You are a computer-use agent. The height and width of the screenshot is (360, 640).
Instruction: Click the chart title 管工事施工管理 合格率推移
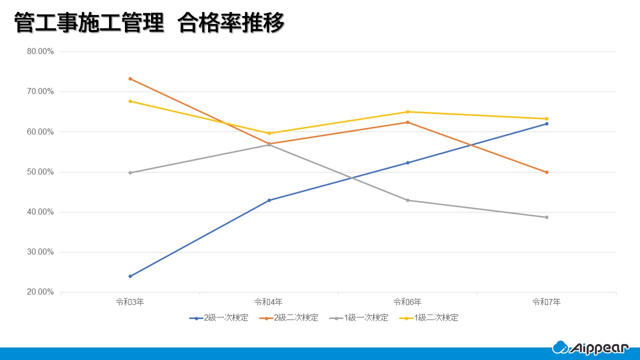(149, 23)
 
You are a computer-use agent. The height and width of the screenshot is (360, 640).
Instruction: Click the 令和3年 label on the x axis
(130, 302)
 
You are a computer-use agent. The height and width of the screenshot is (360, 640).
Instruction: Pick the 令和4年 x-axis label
(268, 302)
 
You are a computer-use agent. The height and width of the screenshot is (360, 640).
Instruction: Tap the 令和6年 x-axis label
(407, 302)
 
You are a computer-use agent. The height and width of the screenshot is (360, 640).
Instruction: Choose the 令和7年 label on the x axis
(546, 302)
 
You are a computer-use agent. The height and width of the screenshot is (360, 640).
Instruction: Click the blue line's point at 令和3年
(130, 276)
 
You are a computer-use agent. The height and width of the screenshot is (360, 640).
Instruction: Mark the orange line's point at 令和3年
(130, 78)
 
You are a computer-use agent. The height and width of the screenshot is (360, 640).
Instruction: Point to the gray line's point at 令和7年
(546, 217)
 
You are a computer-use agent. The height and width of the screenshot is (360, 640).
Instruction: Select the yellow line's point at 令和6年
(408, 111)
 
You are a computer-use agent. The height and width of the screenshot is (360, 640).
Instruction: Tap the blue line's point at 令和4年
(269, 200)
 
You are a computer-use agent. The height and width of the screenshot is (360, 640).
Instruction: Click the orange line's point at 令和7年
(546, 172)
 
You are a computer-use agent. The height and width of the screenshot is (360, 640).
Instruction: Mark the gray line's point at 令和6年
(408, 200)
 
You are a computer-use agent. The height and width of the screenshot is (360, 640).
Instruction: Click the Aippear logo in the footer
(590, 347)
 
